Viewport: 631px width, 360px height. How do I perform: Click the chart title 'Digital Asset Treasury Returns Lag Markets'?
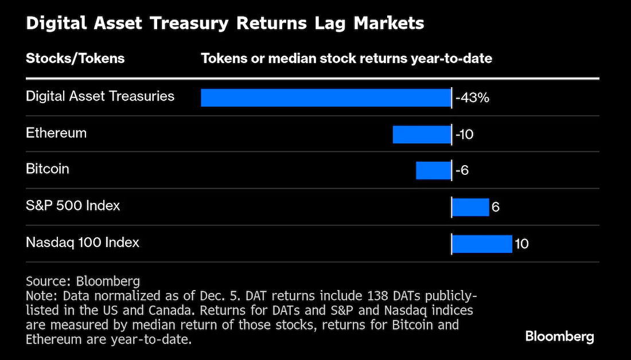pyautogui.click(x=225, y=24)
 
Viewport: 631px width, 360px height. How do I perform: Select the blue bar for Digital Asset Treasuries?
pyautogui.click(x=326, y=98)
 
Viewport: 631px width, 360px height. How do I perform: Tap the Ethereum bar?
pyautogui.click(x=422, y=134)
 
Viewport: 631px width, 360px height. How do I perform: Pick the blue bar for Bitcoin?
pyautogui.click(x=434, y=171)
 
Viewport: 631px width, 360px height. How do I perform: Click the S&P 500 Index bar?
pyautogui.click(x=470, y=207)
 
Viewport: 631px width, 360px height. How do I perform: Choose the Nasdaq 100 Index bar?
pyautogui.click(x=482, y=244)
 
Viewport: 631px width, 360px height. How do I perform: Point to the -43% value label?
pyautogui.click(x=472, y=98)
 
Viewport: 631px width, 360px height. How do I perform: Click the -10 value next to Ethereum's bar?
pyautogui.click(x=465, y=134)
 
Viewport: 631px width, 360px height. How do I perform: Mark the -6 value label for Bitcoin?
pyautogui.click(x=462, y=171)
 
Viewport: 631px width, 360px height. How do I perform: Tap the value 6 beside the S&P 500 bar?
pyautogui.click(x=496, y=207)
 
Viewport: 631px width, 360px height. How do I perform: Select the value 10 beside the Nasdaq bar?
pyautogui.click(x=521, y=244)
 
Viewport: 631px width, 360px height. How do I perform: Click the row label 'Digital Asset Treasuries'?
pyautogui.click(x=100, y=96)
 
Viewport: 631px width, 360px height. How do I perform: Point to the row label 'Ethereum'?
pyautogui.click(x=56, y=133)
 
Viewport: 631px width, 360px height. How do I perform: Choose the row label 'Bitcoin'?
pyautogui.click(x=48, y=169)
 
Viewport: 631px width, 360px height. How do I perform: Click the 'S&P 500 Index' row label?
pyautogui.click(x=73, y=206)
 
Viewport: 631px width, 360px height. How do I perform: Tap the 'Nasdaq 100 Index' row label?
pyautogui.click(x=83, y=242)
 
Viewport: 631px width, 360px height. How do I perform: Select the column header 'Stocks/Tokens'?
pyautogui.click(x=75, y=58)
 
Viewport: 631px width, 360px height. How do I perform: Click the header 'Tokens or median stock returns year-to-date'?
pyautogui.click(x=346, y=58)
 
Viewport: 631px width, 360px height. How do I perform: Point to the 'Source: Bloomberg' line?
pyautogui.click(x=83, y=281)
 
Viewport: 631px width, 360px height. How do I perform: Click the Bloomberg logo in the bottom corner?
pyautogui.click(x=560, y=337)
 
